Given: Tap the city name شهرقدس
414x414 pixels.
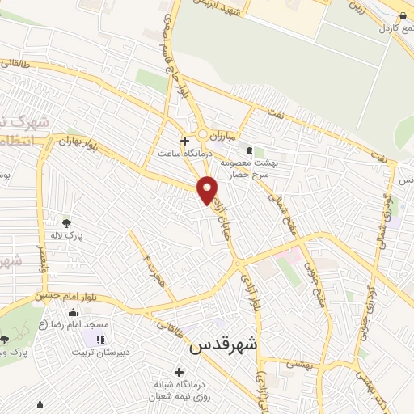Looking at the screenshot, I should tap(222, 345).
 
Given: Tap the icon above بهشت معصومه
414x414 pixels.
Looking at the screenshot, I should tap(249, 150).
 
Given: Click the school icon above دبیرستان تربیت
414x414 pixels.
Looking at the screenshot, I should tap(101, 340).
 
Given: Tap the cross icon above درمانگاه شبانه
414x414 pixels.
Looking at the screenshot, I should tap(179, 371).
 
